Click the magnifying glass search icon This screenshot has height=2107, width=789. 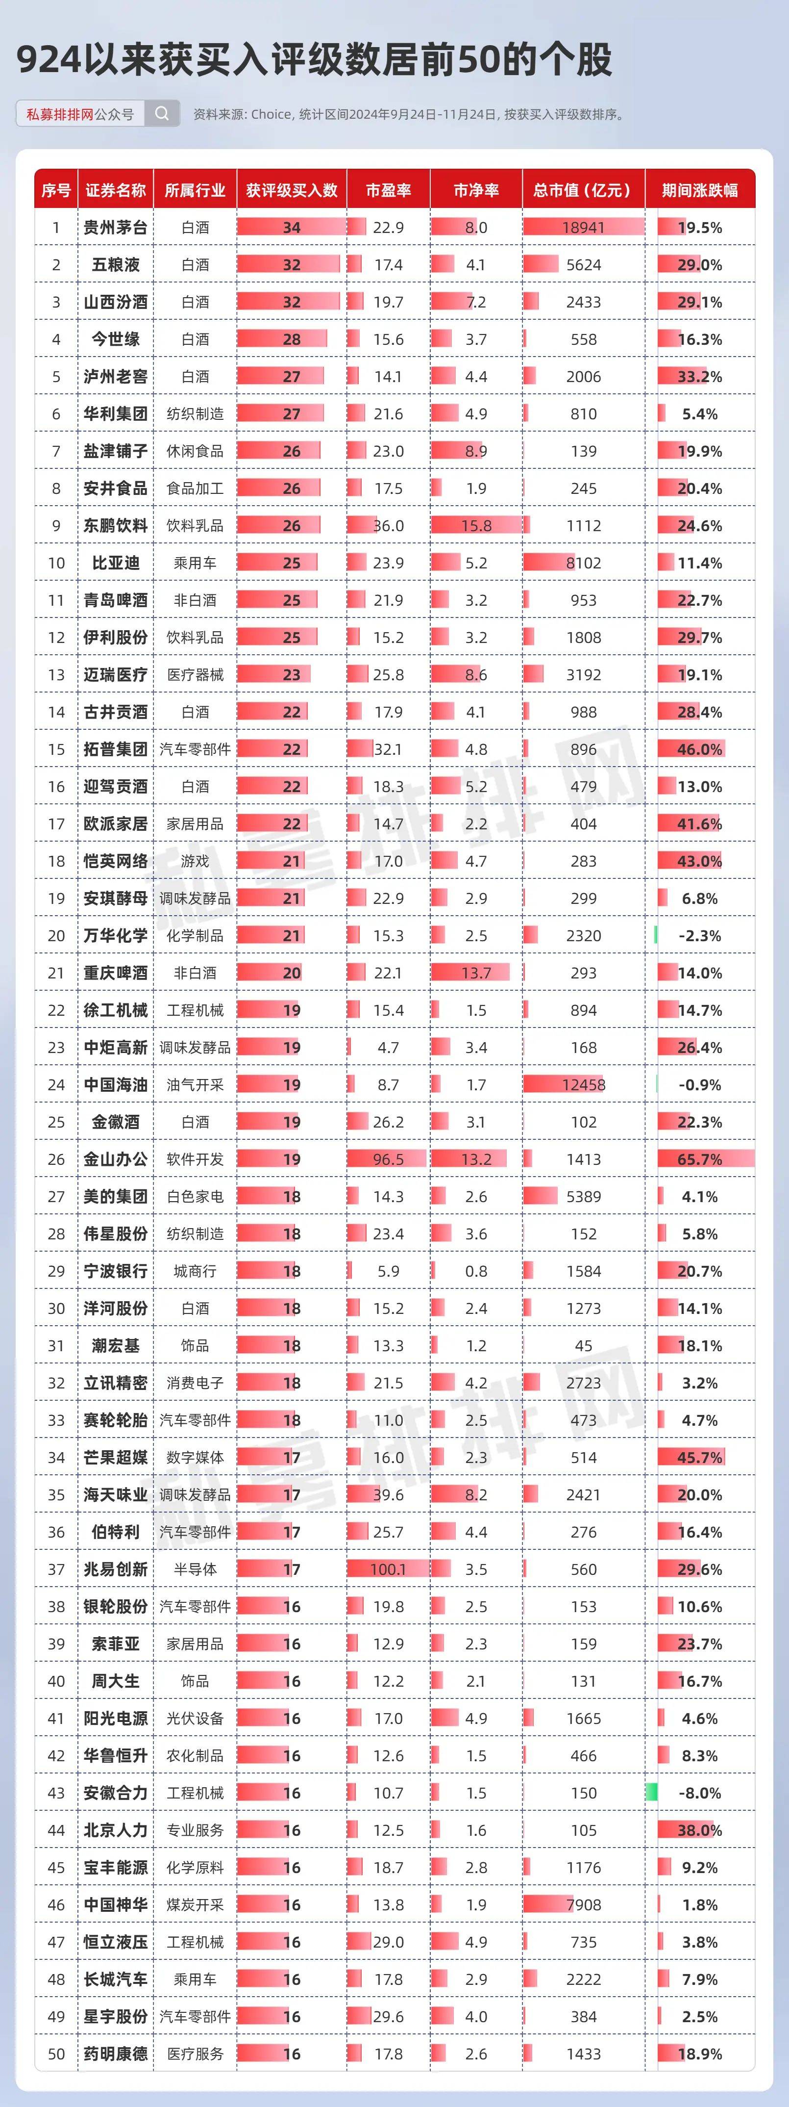(x=162, y=114)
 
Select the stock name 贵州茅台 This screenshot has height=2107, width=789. (x=115, y=228)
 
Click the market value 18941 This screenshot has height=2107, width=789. (x=583, y=228)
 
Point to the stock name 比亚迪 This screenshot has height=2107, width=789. (x=115, y=563)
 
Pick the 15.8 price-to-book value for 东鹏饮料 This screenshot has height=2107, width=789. (x=476, y=526)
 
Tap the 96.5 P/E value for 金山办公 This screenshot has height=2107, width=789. (x=388, y=1159)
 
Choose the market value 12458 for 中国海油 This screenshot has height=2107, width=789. (x=583, y=1084)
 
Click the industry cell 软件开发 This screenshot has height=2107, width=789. (x=195, y=1159)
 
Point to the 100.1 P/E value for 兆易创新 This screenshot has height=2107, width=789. (x=388, y=1569)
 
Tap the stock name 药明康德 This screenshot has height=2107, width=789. (x=115, y=2054)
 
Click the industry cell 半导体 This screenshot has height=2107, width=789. (x=195, y=1569)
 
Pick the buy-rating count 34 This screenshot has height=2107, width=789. (x=292, y=228)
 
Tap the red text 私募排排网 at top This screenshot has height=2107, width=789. (x=60, y=114)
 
